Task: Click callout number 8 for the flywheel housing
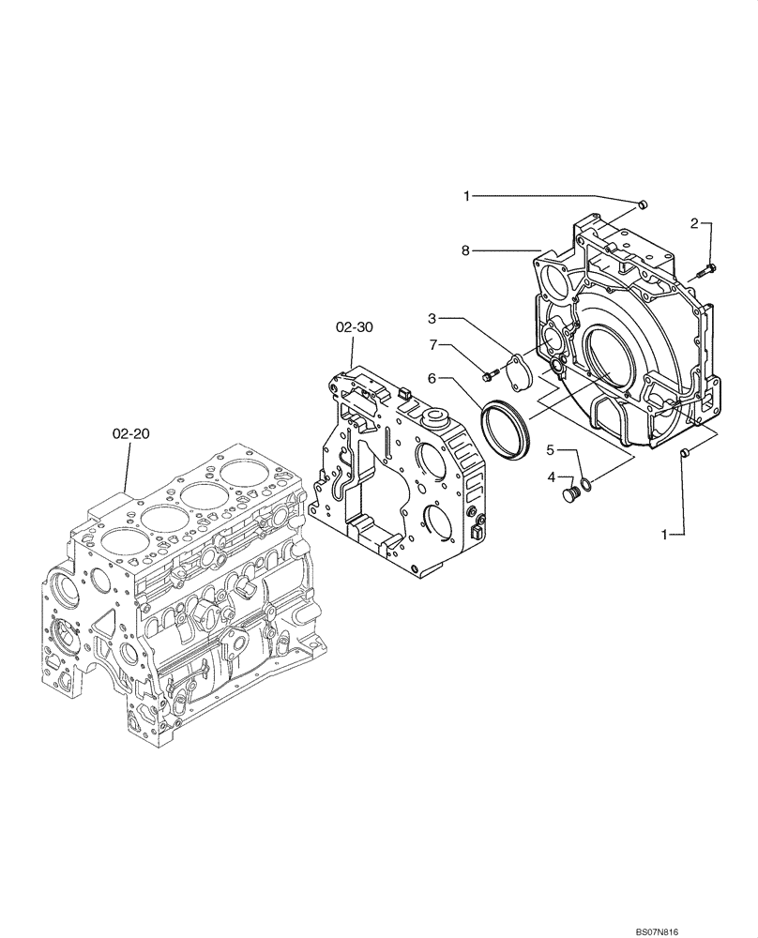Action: click(465, 250)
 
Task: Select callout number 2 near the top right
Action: click(695, 223)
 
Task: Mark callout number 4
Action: click(552, 478)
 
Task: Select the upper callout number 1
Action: click(465, 196)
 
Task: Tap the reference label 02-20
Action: click(130, 434)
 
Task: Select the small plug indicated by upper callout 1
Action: click(641, 204)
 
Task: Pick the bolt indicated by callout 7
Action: click(488, 377)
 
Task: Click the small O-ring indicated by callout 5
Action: click(585, 484)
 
